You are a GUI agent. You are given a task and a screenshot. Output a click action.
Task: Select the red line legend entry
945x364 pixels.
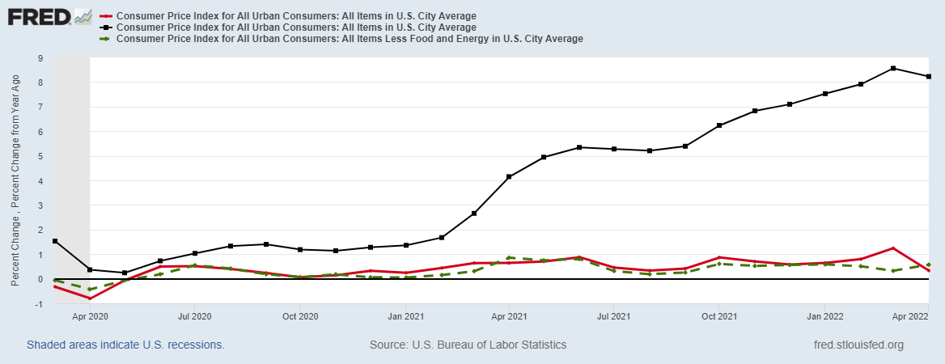(x=296, y=15)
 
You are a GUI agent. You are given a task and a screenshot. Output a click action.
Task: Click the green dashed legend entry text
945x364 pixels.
(x=350, y=38)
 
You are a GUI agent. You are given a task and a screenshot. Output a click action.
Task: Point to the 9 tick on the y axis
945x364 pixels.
(x=40, y=58)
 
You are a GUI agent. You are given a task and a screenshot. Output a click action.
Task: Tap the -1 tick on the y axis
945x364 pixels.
(x=39, y=303)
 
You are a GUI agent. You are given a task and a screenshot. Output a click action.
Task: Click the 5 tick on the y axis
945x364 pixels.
(x=40, y=156)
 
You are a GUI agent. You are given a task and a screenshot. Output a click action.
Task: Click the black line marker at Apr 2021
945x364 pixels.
(x=508, y=177)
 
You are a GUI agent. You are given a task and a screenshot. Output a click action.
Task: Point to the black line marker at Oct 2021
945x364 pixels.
(x=718, y=125)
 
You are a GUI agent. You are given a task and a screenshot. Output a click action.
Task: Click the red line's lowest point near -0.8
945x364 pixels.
(x=89, y=298)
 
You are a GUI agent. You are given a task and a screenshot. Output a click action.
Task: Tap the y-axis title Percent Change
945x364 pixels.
(x=15, y=179)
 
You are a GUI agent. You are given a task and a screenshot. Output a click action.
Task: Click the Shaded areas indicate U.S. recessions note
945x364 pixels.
(x=125, y=345)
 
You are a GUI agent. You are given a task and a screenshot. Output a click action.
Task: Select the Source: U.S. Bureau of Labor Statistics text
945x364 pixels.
(x=468, y=345)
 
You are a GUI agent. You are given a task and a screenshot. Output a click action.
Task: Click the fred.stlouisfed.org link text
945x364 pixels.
(x=858, y=345)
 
